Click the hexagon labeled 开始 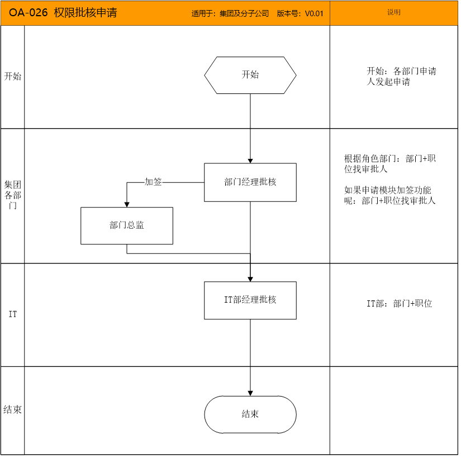250,76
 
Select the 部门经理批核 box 250,182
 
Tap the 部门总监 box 127,226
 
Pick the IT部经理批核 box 250,300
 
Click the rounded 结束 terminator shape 250,414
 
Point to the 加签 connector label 153,182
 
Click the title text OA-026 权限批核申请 63,13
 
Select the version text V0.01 314,13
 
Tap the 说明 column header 394,12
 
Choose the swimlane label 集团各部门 13,195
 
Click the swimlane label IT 13,314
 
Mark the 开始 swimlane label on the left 13,77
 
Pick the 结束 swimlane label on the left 13,409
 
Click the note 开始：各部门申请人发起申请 401,77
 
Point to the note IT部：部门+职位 400,303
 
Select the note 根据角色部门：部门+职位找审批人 390,163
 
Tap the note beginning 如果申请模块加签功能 390,195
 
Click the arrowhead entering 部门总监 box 127,205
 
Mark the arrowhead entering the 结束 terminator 250,393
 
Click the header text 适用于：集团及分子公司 230,13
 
